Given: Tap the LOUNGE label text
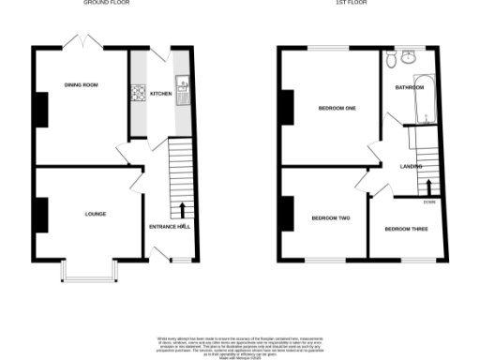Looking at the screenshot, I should (95, 214).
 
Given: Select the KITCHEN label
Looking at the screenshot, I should (159, 94).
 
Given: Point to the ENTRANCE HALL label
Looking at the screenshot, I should (170, 227).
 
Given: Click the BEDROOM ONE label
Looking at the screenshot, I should (333, 108).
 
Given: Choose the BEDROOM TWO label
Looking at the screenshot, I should (331, 218).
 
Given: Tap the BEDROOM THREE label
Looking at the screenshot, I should (406, 228).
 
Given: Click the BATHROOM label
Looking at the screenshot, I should (410, 88).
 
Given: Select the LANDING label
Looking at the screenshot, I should (411, 166).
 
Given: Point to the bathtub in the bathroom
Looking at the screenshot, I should (427, 98).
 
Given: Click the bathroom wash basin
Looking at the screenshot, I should (406, 57).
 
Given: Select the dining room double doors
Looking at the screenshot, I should (81, 43).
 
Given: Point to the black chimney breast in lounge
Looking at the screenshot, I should (39, 214).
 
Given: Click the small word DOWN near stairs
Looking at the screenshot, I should (429, 201).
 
